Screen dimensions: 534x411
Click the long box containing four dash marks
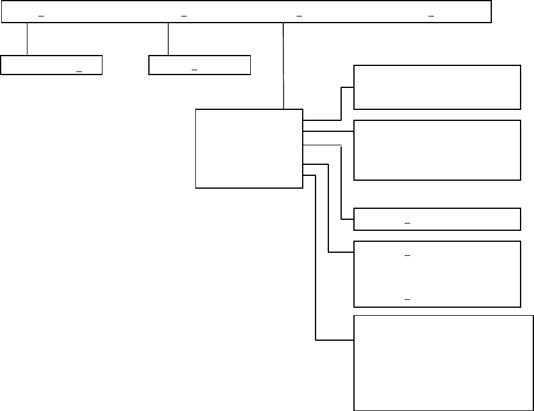point(246,12)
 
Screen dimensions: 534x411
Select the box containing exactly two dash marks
point(437,274)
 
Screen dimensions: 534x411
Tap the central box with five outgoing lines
point(249,148)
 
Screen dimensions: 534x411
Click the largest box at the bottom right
point(444,363)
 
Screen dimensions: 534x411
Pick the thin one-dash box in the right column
point(437,219)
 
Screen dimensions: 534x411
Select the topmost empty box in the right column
point(437,87)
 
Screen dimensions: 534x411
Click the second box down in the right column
point(437,150)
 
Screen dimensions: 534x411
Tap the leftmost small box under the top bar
point(51,65)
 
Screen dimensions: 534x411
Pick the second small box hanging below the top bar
point(200,65)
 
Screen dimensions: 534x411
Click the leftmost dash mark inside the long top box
point(41,15)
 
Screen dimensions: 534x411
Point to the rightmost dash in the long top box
point(431,15)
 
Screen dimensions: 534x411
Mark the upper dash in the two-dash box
point(407,254)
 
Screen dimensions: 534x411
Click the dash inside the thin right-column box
point(407,224)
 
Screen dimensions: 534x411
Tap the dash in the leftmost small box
point(79,71)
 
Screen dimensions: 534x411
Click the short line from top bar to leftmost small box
point(27,40)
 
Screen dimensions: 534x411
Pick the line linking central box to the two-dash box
point(329,214)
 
